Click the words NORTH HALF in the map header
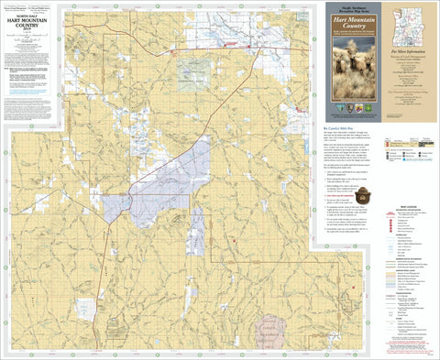[27, 12]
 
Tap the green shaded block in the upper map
[192, 69]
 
